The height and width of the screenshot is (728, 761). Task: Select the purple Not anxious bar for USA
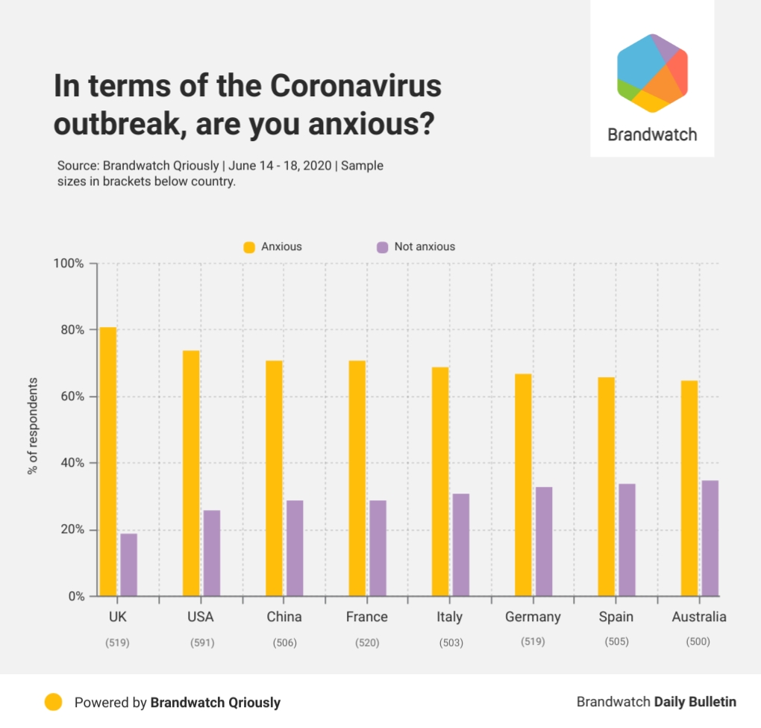(x=212, y=553)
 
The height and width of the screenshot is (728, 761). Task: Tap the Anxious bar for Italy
(x=440, y=482)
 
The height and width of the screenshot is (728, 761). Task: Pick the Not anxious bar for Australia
(x=710, y=538)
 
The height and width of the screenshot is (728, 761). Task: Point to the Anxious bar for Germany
(x=523, y=485)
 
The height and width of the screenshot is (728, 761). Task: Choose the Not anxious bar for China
(x=295, y=548)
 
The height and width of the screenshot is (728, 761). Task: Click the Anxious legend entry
(x=272, y=246)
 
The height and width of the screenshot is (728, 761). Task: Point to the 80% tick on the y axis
(x=72, y=330)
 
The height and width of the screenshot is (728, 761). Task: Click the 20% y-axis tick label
(x=72, y=530)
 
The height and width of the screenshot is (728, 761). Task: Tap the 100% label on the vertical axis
(x=69, y=264)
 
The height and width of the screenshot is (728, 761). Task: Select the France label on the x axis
(x=366, y=617)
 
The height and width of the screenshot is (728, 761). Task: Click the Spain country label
(x=616, y=617)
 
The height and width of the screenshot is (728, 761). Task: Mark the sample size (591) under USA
(x=201, y=642)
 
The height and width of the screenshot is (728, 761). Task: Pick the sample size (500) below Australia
(x=698, y=642)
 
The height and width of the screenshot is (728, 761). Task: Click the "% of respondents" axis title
(x=32, y=426)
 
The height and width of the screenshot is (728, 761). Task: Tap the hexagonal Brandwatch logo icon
(x=652, y=73)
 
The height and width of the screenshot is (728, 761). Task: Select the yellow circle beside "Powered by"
(x=53, y=702)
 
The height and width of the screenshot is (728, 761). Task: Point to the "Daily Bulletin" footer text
(x=695, y=702)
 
